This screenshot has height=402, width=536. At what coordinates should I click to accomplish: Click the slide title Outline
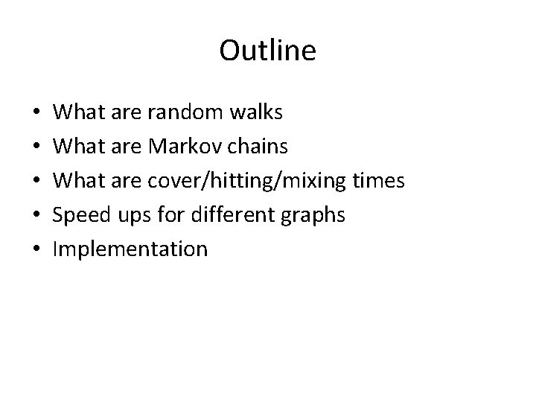pos(268,51)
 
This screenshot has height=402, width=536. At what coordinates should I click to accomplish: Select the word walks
pos(255,112)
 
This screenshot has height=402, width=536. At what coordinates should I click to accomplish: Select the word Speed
pos(81,215)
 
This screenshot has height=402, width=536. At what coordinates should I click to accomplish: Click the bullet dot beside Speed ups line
pos(36,216)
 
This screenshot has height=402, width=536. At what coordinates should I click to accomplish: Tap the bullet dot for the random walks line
pos(36,113)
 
